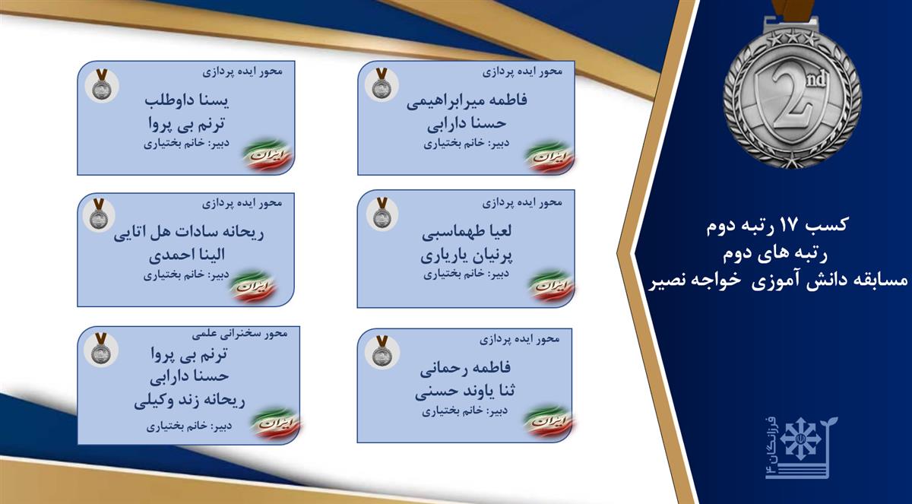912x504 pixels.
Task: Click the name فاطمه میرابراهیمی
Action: (x=467, y=100)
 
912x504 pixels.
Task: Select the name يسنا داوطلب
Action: (x=187, y=100)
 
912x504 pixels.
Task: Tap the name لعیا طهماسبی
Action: (x=467, y=233)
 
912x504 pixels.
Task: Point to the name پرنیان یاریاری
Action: (x=467, y=255)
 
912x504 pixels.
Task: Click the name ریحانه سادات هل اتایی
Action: (x=188, y=233)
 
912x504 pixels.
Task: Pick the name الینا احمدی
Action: (x=187, y=255)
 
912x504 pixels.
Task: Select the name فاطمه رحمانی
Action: (x=465, y=369)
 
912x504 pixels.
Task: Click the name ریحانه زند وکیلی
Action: (x=189, y=401)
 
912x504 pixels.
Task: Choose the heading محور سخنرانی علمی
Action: (x=240, y=334)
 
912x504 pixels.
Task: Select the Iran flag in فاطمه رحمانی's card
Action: (x=548, y=422)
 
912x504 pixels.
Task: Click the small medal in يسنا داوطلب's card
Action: (x=101, y=84)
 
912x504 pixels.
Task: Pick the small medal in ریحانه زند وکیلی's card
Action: (x=100, y=349)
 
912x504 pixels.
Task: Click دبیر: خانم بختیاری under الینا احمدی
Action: (x=186, y=276)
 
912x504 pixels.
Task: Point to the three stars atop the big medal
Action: (x=792, y=39)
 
